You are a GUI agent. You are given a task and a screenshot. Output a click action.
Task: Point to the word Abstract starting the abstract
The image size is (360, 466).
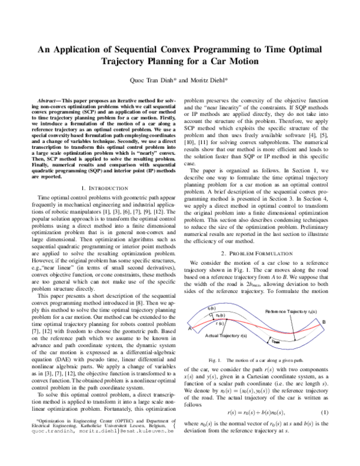click(50, 97)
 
